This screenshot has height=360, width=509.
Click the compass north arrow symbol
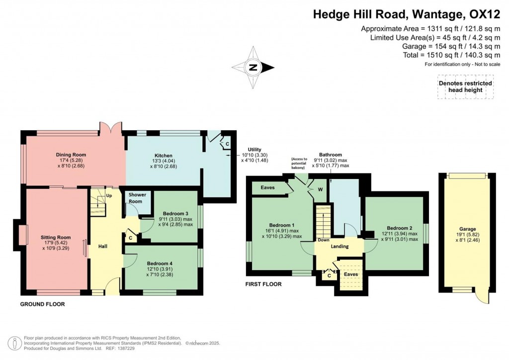(x=253, y=68)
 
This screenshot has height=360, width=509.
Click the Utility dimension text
(x=254, y=155)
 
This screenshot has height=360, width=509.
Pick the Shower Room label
(x=136, y=198)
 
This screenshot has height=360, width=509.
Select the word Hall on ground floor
(x=103, y=246)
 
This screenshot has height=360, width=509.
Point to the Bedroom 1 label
(x=284, y=224)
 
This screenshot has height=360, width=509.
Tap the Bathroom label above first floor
(x=331, y=155)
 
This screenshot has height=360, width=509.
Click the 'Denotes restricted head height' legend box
(x=465, y=87)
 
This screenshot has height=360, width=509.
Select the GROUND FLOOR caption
(x=42, y=304)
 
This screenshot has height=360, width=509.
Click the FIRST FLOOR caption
(x=263, y=284)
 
